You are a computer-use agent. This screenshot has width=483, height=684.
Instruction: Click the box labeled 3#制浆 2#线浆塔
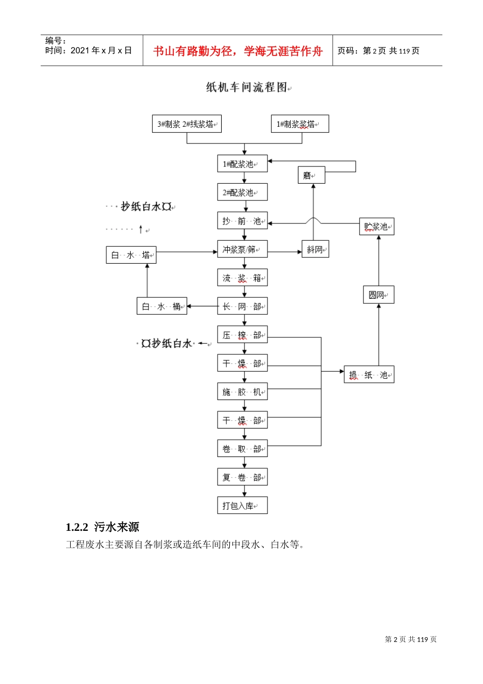[187, 124]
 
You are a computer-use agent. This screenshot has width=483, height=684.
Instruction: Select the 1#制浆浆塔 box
[299, 124]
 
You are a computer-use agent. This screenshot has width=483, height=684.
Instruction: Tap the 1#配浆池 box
[242, 164]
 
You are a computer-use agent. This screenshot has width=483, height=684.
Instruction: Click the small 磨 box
[311, 176]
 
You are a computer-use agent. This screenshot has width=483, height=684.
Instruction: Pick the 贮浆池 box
[377, 226]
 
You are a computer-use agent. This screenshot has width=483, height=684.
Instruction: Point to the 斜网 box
[315, 249]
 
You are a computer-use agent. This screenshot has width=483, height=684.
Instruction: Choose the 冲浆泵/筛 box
[242, 249]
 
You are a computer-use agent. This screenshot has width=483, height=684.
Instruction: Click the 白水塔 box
[131, 255]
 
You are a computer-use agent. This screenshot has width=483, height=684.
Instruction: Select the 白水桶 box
[162, 306]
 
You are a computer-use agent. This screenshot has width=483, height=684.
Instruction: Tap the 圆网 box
[378, 295]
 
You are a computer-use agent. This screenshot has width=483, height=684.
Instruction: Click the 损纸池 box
[369, 375]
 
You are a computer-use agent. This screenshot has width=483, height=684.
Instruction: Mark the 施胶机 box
[242, 392]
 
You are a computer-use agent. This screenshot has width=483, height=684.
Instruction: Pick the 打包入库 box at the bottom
[242, 505]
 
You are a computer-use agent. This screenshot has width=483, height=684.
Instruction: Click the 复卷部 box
[242, 477]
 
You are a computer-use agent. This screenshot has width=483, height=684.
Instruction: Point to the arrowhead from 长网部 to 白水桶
[189, 306]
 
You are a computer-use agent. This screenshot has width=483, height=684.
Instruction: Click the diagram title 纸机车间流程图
[247, 88]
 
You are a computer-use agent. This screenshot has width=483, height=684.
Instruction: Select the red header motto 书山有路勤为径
[237, 51]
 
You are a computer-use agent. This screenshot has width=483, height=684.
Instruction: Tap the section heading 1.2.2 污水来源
[103, 527]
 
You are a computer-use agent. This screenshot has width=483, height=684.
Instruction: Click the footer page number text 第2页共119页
[410, 639]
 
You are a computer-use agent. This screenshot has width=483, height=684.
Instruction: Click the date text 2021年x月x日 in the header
[101, 50]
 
